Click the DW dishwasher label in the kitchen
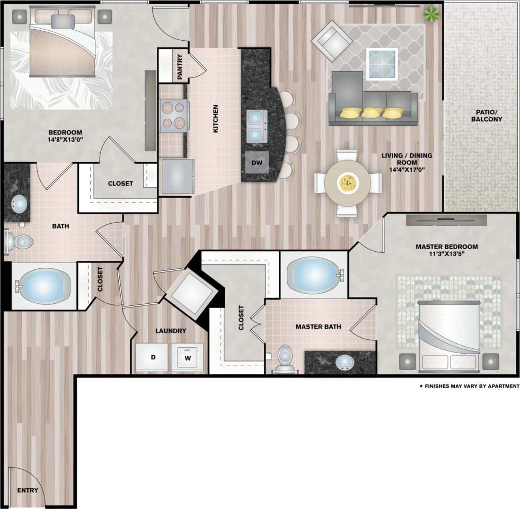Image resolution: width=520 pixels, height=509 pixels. coord(257,162)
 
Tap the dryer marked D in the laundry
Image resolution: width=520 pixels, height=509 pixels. coord(152,358)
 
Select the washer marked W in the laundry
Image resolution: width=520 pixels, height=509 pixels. coord(187,358)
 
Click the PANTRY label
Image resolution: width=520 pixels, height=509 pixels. coord(180,67)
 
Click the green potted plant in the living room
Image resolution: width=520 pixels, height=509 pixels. coord(431,14)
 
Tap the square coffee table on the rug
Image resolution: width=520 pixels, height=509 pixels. coord(382,64)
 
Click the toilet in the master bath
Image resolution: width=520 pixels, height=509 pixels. coord(285,358)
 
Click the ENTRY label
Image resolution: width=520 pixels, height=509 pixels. coord(28,490)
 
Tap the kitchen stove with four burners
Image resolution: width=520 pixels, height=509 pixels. coord(174,116)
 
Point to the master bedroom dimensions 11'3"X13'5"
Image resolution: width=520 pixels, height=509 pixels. coord(446,256)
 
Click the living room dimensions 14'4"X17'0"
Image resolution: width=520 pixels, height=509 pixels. coord(407,170)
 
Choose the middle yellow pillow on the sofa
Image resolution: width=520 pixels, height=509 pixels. coord(372,112)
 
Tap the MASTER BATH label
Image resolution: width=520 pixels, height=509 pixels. coord(318,327)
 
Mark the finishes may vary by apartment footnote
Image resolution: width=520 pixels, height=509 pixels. coord(469,387)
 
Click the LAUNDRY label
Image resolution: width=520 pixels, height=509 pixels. coord(171,331)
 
